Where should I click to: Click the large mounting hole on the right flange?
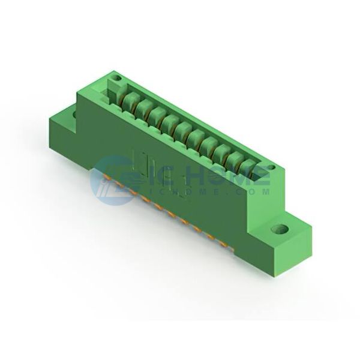tap(280, 229)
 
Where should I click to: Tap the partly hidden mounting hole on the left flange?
tap(74, 114)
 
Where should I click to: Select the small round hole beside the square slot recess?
tap(118, 78)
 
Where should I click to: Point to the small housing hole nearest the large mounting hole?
tap(271, 167)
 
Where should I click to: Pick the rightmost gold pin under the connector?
tap(222, 244)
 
